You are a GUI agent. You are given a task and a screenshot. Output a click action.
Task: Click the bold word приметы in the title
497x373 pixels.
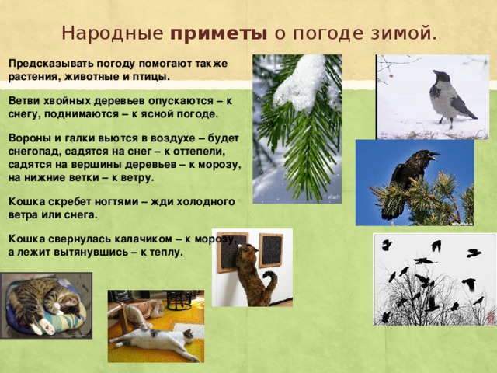point(219,34)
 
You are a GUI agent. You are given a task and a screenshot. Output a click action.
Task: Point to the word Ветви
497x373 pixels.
point(26,102)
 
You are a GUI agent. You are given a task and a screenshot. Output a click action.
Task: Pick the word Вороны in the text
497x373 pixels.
point(30,139)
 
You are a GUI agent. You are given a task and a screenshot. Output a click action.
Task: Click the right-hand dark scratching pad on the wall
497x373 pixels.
point(270,249)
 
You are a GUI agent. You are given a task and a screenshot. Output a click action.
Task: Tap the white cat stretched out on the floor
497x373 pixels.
point(155,338)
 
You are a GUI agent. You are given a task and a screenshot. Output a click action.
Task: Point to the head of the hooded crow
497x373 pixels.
point(440,76)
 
